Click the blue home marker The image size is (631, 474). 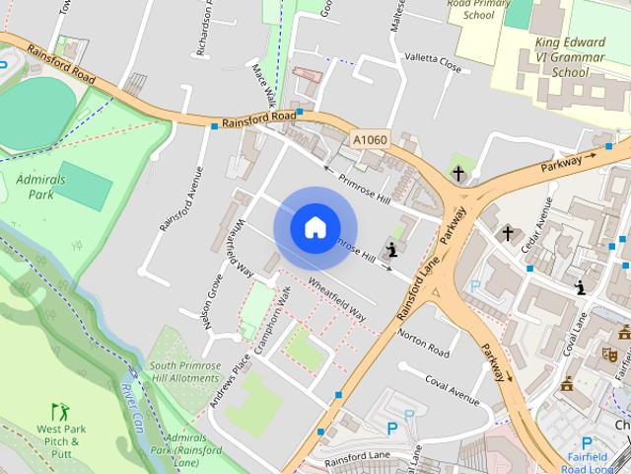pyautogui.click(x=315, y=227)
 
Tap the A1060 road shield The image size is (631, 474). pyautogui.click(x=370, y=141)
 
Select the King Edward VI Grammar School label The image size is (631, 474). pyautogui.click(x=571, y=57)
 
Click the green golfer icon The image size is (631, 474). pyautogui.click(x=58, y=409)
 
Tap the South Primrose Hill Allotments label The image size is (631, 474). pyautogui.click(x=184, y=371)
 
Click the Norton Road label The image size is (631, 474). pyautogui.click(x=424, y=344)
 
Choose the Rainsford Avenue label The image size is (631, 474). pyautogui.click(x=180, y=198)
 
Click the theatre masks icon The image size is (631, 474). pyautogui.click(x=609, y=353)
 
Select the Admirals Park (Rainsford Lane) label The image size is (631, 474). pyautogui.click(x=184, y=449)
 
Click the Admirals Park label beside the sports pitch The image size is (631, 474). pyautogui.click(x=35, y=187)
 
